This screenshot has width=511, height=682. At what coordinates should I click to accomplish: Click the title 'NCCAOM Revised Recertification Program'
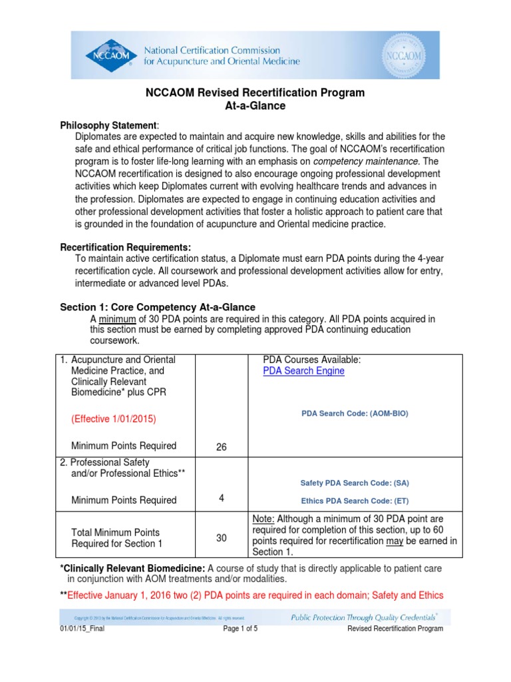255,93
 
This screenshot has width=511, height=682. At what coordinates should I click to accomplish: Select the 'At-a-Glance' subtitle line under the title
255,106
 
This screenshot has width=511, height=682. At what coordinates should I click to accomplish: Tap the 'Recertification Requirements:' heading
126,247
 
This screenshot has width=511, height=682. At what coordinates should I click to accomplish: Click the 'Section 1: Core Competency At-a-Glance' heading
158,307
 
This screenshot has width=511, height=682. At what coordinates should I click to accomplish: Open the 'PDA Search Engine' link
303,371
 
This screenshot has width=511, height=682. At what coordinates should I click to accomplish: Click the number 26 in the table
222,448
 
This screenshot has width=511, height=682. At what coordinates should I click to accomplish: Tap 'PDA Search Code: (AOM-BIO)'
355,414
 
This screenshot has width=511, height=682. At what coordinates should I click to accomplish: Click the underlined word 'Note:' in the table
263,519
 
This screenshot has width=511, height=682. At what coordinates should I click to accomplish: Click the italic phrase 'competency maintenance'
365,161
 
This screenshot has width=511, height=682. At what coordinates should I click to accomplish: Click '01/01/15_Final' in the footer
83,629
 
